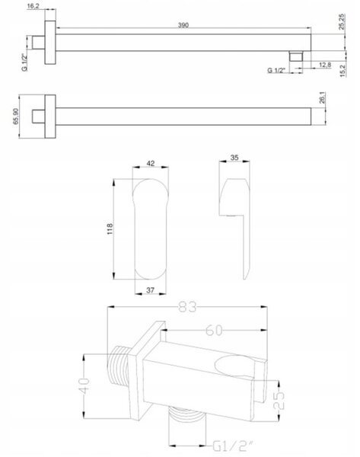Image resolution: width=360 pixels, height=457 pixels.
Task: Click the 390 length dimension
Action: point(183,25)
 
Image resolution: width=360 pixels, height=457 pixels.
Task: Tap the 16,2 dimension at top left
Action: point(33,6)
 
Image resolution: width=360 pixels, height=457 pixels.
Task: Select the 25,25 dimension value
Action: point(342,21)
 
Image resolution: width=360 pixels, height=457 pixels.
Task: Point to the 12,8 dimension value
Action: point(325,65)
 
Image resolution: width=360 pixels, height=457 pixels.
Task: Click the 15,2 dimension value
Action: point(342,71)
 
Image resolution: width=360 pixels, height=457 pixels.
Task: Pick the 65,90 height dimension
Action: point(16,116)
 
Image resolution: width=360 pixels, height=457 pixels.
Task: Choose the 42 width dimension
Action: point(150,163)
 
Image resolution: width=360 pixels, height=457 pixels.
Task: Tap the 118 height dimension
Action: point(110,229)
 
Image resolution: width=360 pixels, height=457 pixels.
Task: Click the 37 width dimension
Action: point(150,290)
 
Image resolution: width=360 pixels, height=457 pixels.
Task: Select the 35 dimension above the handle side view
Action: point(234,158)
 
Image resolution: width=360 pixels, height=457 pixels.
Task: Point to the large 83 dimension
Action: point(187,307)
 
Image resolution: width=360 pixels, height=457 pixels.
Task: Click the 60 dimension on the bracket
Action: point(214,331)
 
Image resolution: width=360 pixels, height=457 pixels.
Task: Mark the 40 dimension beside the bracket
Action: point(84,386)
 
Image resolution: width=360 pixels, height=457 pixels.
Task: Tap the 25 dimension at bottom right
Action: point(279,400)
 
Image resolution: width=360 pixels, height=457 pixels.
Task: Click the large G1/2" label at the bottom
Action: point(233,446)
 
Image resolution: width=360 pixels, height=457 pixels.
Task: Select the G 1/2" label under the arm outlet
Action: point(276,70)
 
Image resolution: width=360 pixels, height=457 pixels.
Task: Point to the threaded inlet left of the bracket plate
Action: point(118,365)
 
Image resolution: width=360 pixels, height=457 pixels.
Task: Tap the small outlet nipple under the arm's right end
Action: point(296,56)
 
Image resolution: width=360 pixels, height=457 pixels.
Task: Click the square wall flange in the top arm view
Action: point(50,42)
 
